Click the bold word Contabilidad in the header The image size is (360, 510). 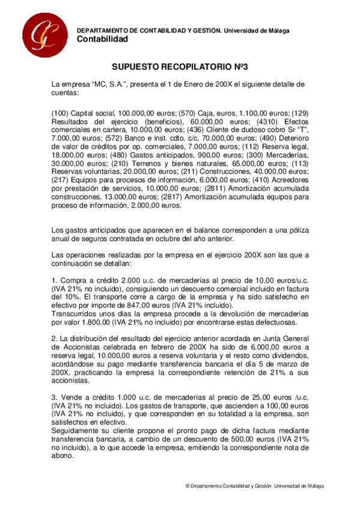tap(103, 40)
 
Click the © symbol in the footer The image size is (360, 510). tap(187, 486)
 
